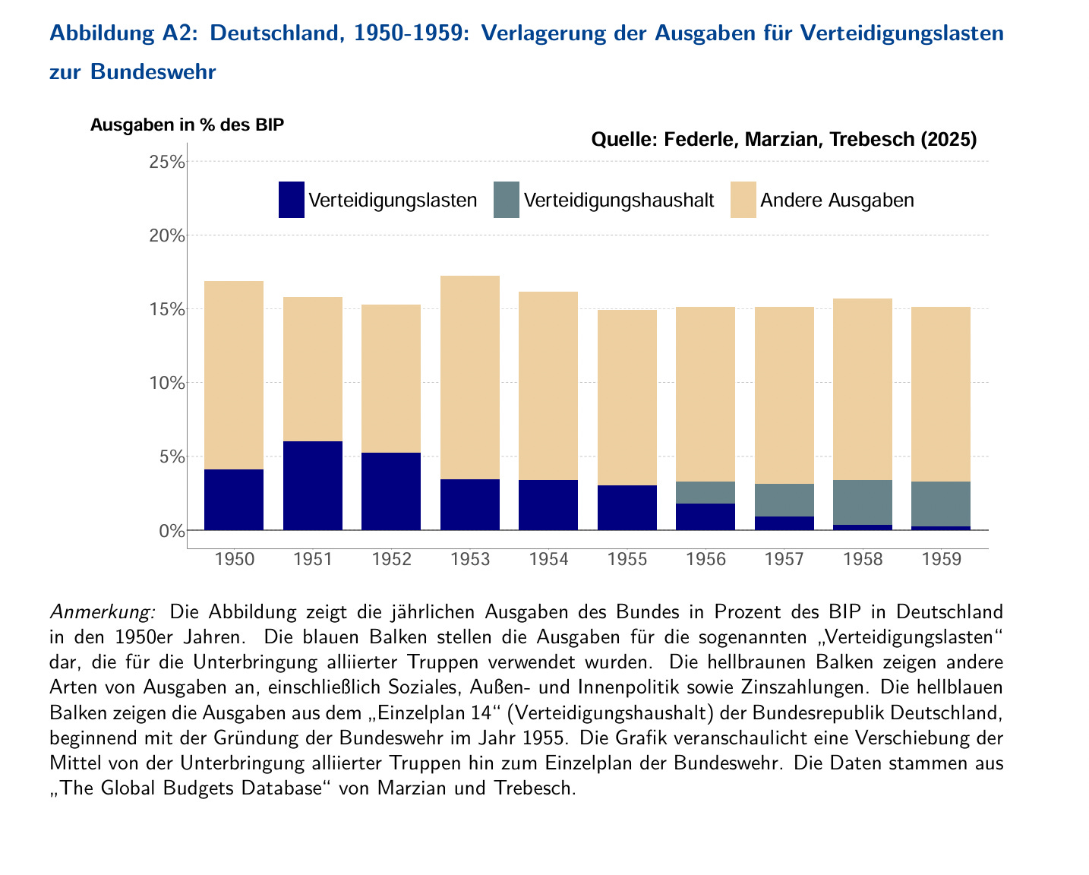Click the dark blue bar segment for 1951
coord(313,485)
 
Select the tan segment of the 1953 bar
coord(470,377)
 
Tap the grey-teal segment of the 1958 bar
coord(863,502)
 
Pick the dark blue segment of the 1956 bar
coord(705,516)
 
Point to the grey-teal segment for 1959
coord(941,504)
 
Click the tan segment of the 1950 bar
coord(234,375)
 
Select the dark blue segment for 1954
coord(548,505)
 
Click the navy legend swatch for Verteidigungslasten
coord(292,200)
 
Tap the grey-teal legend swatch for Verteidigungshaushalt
coord(507,200)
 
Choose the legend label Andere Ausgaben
coord(837,201)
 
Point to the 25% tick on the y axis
coord(167,162)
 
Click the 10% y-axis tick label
coord(167,383)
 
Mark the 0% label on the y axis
coord(172,530)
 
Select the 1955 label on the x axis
coord(627,560)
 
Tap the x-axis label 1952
coord(392,560)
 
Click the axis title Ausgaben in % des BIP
coord(187,125)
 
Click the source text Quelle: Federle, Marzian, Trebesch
coord(783,140)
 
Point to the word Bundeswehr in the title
coord(153,71)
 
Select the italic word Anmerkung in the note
coord(103,611)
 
